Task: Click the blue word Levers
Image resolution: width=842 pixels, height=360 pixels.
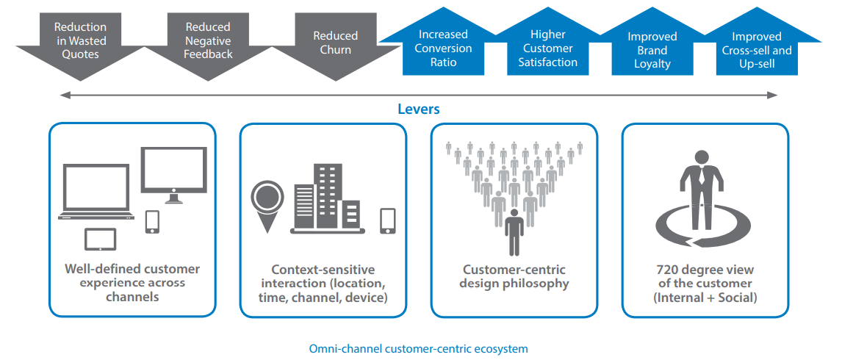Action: pos(419,109)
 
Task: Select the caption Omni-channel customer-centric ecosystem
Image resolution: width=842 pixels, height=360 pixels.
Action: pos(418,349)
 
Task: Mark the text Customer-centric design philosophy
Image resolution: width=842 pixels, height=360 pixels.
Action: pos(514,276)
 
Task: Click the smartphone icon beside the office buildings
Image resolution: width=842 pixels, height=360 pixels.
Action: pos(388,221)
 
